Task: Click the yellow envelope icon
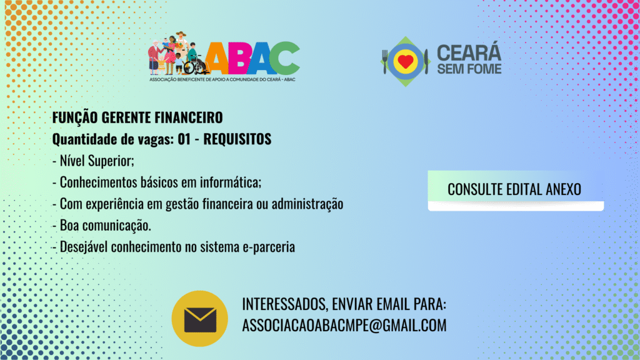tap(199, 319)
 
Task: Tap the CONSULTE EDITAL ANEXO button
tap(516, 190)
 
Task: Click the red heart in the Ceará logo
tap(405, 62)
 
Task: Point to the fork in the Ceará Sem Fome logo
tap(384, 62)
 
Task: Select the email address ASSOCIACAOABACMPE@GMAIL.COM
tap(344, 325)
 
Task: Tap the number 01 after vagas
tap(184, 139)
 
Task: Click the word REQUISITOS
tap(237, 139)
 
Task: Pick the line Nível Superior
tap(94, 161)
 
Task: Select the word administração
tap(307, 204)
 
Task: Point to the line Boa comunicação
tap(102, 225)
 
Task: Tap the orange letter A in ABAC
tap(217, 58)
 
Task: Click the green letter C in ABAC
tap(284, 58)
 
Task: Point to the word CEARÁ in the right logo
tap(469, 52)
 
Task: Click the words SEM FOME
tap(469, 69)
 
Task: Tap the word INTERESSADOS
tap(285, 304)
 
